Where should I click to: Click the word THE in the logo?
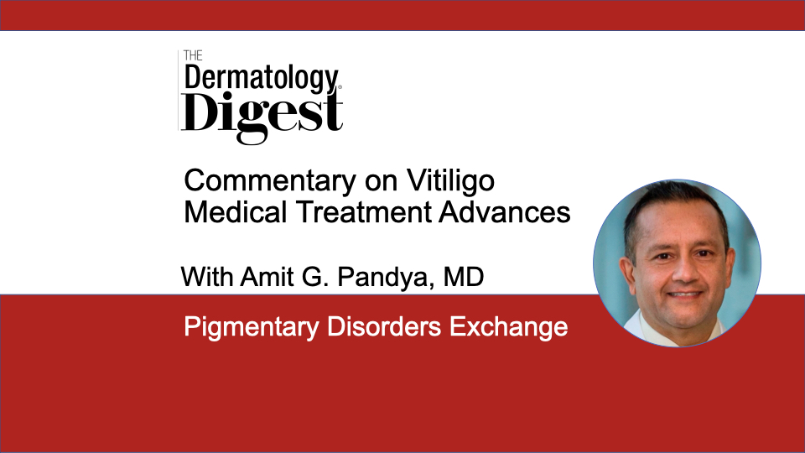click(x=193, y=55)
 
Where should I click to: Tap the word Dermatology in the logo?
click(x=262, y=79)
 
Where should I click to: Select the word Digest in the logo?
click(x=262, y=116)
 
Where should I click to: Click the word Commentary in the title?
click(x=270, y=181)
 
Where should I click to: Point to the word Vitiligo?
click(x=451, y=181)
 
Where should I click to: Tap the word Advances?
click(x=505, y=212)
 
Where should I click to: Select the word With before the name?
click(x=207, y=277)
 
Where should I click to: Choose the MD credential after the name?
click(x=464, y=277)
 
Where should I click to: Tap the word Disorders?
click(x=384, y=326)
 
